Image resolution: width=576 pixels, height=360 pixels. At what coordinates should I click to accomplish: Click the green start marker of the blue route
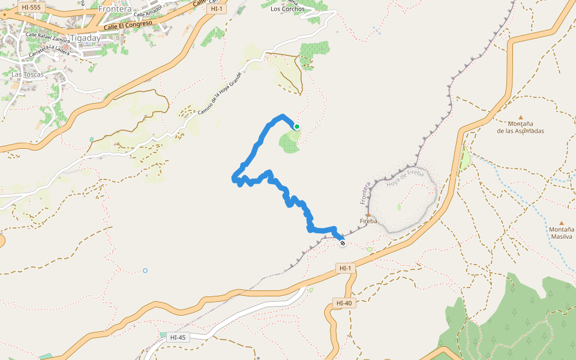click(296, 126)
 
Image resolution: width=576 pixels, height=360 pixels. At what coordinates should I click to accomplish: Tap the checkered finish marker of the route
click(342, 243)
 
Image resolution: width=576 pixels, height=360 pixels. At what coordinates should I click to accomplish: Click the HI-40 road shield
click(344, 303)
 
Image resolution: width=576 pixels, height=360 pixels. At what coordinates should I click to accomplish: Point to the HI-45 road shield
click(178, 337)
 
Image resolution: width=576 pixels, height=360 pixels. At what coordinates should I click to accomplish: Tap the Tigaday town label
click(85, 37)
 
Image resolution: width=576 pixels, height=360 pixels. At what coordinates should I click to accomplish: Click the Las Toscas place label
click(26, 75)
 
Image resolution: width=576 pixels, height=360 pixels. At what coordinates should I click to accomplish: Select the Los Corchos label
click(287, 9)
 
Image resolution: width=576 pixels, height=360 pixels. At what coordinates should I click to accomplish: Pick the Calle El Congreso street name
click(127, 25)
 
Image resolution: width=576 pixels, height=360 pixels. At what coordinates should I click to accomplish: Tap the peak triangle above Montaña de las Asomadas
click(520, 118)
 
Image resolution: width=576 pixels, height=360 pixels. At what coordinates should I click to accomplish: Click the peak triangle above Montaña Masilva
click(562, 223)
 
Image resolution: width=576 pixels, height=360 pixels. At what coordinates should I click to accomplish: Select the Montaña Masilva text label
click(562, 233)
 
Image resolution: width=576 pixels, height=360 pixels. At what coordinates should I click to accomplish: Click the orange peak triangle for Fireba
click(368, 214)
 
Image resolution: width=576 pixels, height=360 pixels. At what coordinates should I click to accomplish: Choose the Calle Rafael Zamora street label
click(48, 38)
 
